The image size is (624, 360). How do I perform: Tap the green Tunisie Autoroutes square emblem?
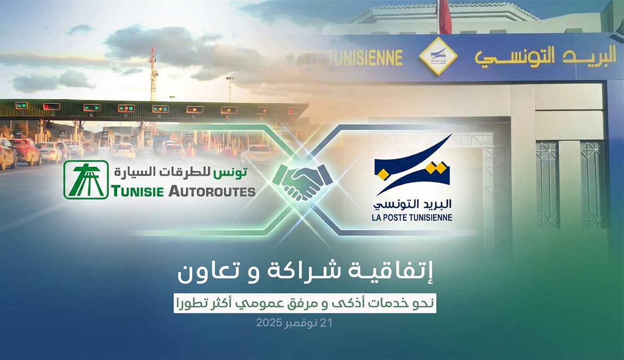point(86,180)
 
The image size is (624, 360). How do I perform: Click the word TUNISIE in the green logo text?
point(137,192)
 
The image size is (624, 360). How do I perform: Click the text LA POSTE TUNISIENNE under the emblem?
point(412,217)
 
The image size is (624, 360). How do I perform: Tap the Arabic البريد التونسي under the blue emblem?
point(412,205)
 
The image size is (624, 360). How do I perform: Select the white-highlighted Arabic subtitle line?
point(305,304)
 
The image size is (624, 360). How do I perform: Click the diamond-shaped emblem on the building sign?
point(438,56)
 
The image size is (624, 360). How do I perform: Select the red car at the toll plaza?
point(25,150)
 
